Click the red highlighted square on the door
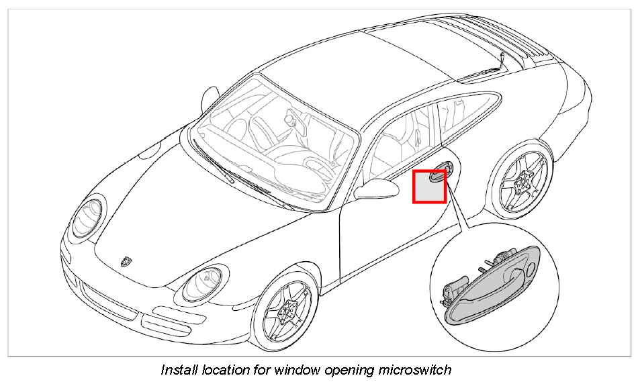coord(429,186)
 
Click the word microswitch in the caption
coord(418,370)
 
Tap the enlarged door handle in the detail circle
coord(494,282)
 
